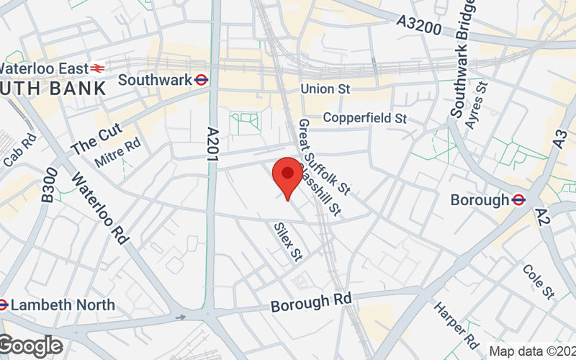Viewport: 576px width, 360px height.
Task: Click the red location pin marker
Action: tap(287, 175)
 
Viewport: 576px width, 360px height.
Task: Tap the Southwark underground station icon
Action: tap(202, 80)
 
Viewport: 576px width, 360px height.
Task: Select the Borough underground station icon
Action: tap(518, 199)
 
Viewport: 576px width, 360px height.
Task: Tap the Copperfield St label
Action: tap(365, 117)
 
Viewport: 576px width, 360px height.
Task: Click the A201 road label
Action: tap(212, 148)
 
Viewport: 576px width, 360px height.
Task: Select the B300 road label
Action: tap(49, 189)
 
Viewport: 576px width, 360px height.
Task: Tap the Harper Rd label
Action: tap(456, 322)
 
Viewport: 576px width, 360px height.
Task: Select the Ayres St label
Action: tap(477, 105)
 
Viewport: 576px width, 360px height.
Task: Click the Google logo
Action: tap(30, 346)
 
